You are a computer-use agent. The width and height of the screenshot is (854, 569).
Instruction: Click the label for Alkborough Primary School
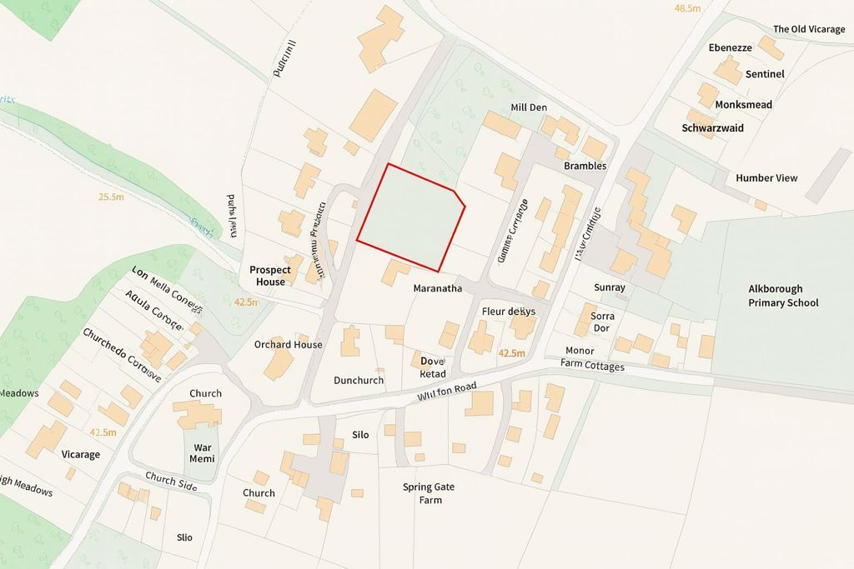coord(783,296)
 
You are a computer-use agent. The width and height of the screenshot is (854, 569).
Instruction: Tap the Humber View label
coord(766,177)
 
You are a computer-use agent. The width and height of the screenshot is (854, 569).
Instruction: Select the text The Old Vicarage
coord(809,29)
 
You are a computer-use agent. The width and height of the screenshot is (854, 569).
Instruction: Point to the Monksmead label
coord(743,105)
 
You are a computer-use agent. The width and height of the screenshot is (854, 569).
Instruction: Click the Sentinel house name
coord(765,74)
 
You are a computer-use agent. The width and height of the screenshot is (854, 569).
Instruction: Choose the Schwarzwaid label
coord(712,128)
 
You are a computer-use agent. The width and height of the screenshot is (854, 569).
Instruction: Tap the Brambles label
coord(585,166)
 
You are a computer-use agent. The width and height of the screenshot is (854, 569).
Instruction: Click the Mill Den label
coord(529,107)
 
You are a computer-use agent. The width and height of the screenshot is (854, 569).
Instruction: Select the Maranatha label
coord(438,288)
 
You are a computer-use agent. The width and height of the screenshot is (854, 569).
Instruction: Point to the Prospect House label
coord(270,276)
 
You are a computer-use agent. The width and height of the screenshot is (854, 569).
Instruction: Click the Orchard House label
coord(288,344)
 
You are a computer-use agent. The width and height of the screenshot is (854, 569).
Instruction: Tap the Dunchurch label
coord(359,380)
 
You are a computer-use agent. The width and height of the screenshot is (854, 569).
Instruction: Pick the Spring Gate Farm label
coord(429,493)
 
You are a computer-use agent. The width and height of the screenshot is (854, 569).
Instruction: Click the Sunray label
coord(609,287)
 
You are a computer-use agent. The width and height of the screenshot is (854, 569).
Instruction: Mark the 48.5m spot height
coord(688,8)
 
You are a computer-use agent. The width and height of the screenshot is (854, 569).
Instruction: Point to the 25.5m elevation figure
coord(111,197)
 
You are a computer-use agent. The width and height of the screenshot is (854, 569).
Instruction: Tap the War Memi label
coord(202,452)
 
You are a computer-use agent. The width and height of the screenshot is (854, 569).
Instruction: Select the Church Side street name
coord(171,479)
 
